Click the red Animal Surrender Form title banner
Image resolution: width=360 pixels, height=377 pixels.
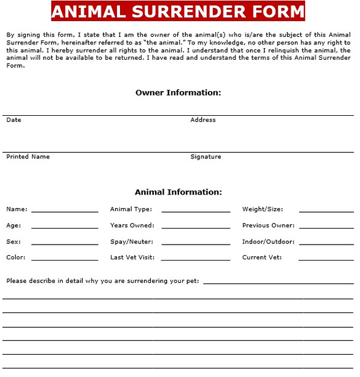(178, 12)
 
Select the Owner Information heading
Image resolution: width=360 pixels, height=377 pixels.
(178, 93)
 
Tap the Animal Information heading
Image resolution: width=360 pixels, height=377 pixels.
(178, 192)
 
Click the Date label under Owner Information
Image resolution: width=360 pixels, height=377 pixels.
(14, 120)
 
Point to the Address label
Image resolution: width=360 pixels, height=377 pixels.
(203, 120)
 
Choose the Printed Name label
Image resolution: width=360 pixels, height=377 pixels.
(28, 157)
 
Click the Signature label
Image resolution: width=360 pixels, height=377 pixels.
(206, 157)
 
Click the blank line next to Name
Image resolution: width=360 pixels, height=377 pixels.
(65, 211)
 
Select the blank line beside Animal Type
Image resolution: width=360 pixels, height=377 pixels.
(196, 211)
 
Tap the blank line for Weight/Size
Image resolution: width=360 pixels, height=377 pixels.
(326, 211)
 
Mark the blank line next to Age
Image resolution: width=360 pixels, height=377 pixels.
(65, 227)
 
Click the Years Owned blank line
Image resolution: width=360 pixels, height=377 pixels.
(196, 227)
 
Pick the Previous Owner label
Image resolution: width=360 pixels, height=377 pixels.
(268, 225)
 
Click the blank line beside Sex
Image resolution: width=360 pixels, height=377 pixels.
(65, 243)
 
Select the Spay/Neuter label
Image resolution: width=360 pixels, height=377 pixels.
(132, 241)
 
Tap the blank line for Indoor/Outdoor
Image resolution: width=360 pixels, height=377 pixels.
(326, 243)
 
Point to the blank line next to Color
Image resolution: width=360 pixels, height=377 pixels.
(65, 259)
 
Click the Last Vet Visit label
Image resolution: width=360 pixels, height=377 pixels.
(132, 257)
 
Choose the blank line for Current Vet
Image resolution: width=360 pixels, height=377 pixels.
(326, 259)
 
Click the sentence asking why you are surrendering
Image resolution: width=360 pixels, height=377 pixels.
(103, 281)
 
